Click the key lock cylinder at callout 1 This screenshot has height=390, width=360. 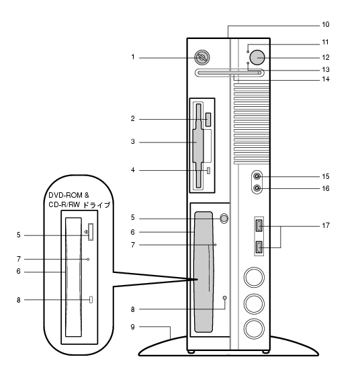click(x=202, y=57)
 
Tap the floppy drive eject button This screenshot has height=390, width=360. click(x=208, y=120)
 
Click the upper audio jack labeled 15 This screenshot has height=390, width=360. click(x=257, y=177)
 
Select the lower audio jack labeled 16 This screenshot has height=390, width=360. click(x=257, y=188)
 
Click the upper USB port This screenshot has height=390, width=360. click(x=259, y=225)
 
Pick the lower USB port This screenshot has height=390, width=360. click(x=259, y=247)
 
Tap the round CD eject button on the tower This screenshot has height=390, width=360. click(x=224, y=218)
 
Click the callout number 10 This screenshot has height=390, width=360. click(x=326, y=25)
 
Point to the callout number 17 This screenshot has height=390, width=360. click(x=326, y=225)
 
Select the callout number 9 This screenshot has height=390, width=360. click(x=133, y=327)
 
